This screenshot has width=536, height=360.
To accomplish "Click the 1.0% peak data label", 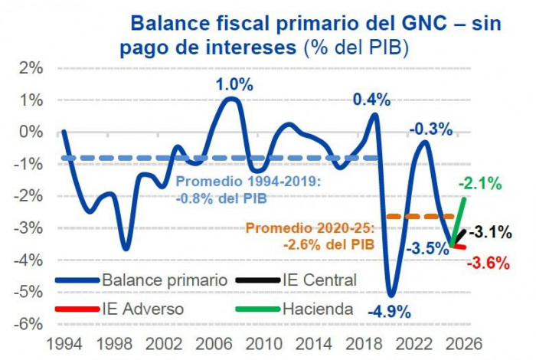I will tap(234, 85).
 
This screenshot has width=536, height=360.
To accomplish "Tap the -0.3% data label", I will tap(430, 129).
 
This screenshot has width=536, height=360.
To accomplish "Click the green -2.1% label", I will tap(480, 183).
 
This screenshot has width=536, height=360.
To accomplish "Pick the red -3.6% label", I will tap(488, 263).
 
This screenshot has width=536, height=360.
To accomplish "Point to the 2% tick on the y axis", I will tap(31, 67).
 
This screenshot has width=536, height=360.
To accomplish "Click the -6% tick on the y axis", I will tap(28, 323).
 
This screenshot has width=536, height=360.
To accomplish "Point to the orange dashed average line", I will tap(413, 217).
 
